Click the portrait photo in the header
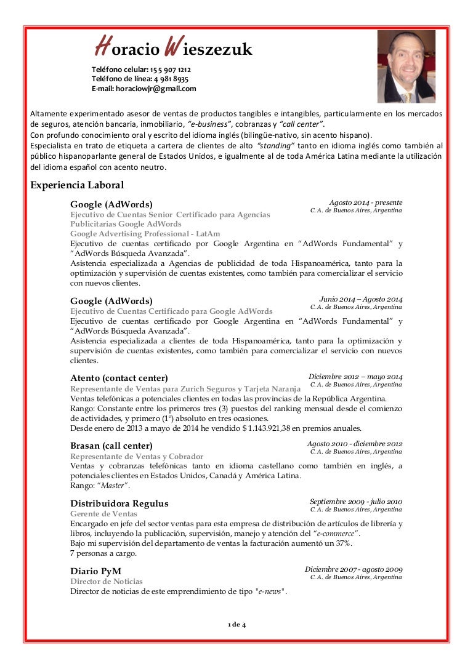coord(406,66)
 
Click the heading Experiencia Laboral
coord(77,185)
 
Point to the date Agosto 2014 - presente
coord(365,202)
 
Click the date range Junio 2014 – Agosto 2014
coord(360,298)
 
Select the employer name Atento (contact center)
coord(119,378)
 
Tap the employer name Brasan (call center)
coord(111,446)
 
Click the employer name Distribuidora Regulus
coord(119,503)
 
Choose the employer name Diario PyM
coord(95,571)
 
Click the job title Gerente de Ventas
coord(103,514)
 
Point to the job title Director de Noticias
coord(106,582)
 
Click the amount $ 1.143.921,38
coord(258,428)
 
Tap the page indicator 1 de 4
coord(236,625)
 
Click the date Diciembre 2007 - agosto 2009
coord(354,569)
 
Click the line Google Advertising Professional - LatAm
coord(145,234)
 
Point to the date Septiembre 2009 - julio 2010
coord(355,502)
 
